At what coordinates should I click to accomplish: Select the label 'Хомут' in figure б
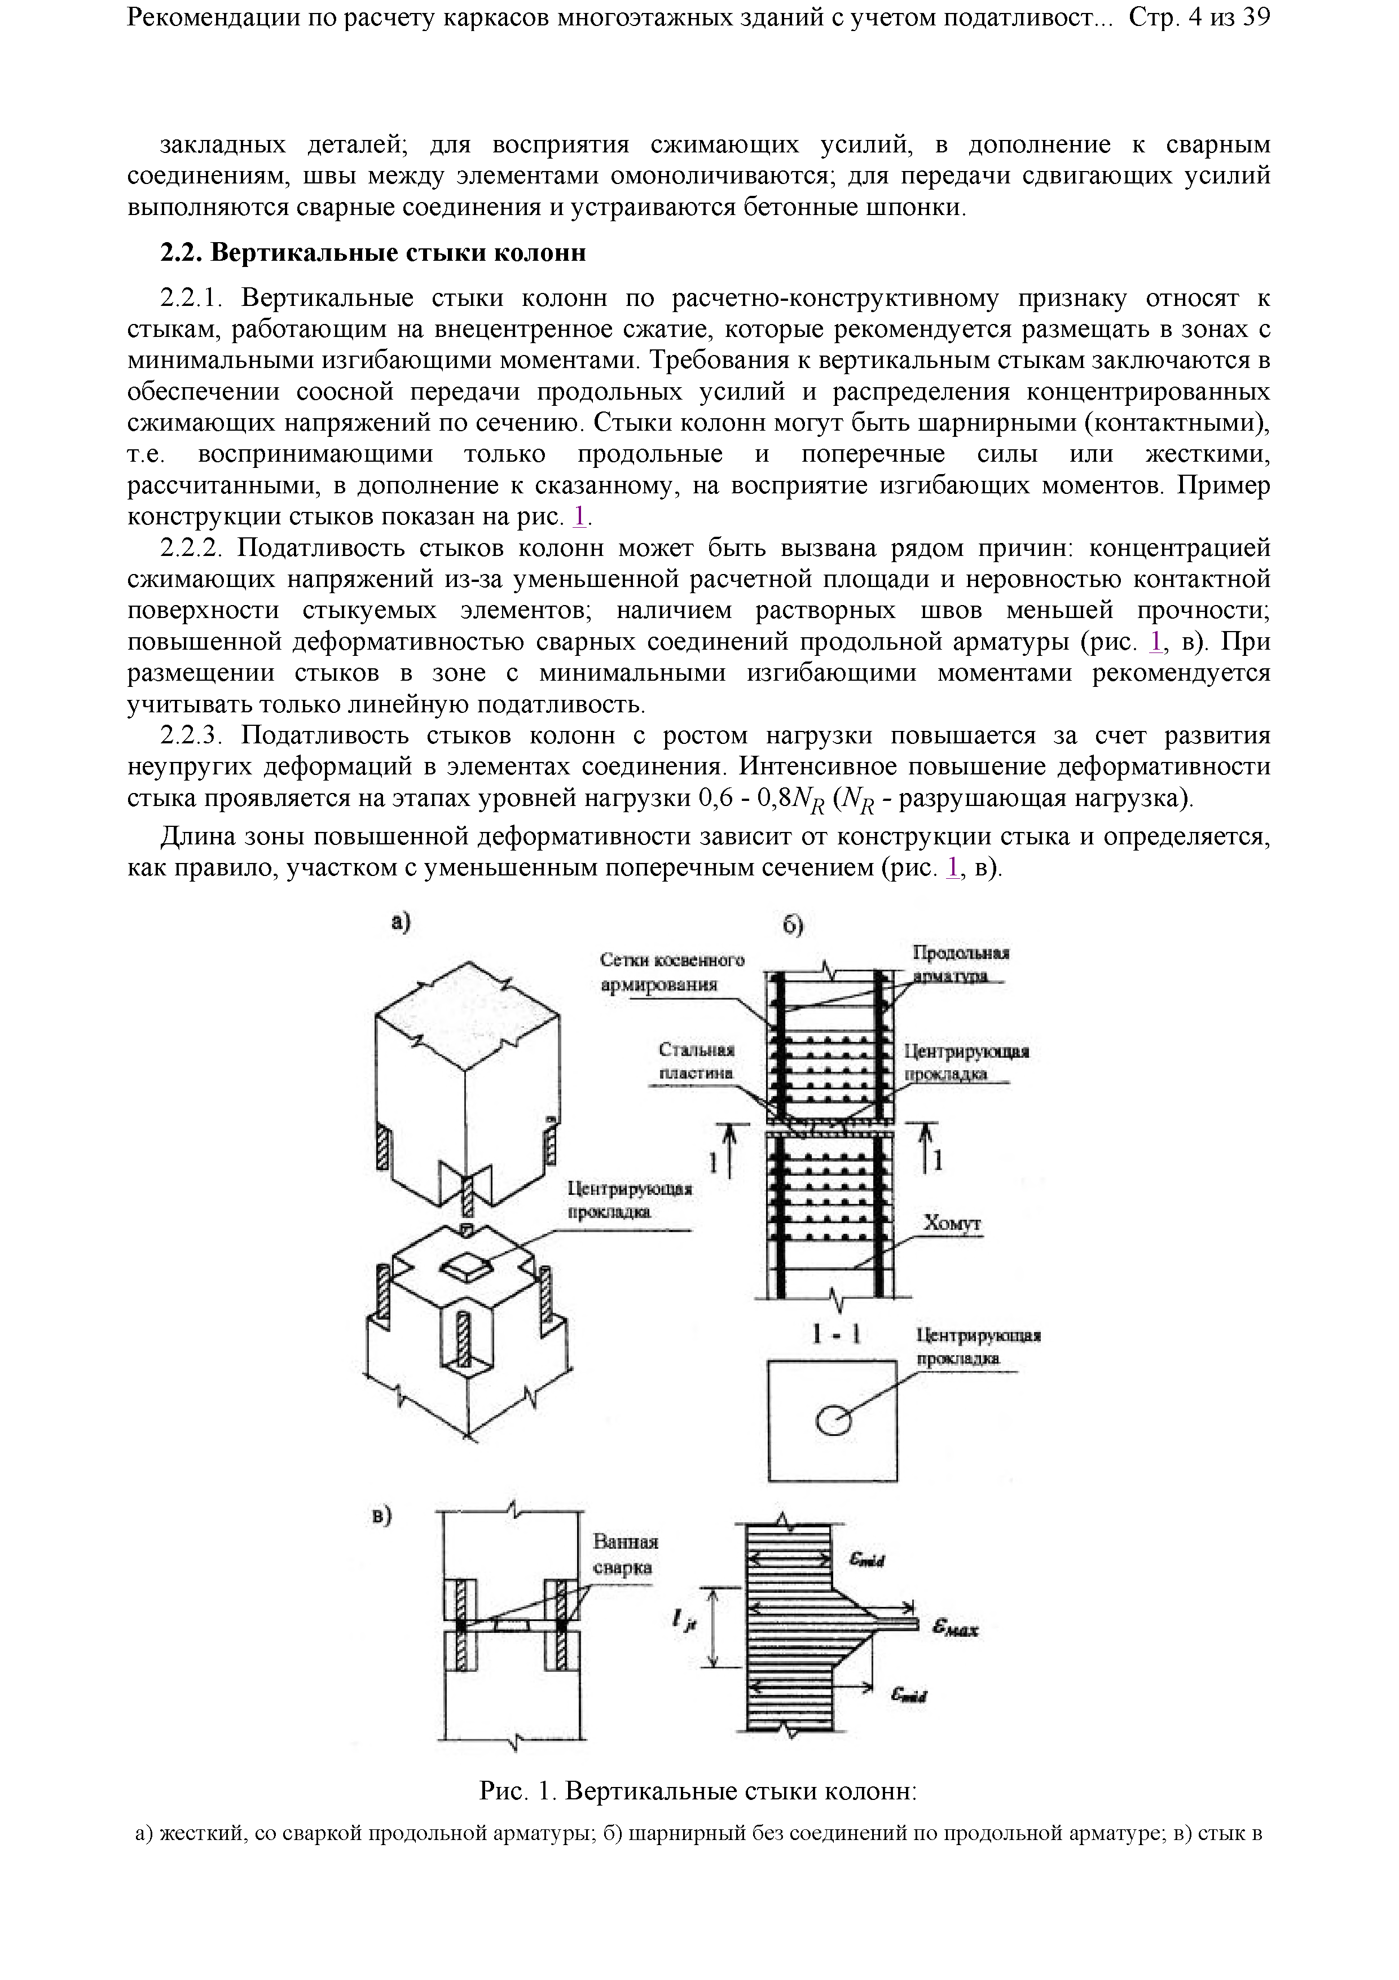(x=952, y=1224)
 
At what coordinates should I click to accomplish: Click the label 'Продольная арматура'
(x=960, y=964)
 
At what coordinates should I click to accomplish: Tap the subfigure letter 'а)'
(x=400, y=922)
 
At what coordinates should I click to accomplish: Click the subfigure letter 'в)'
(x=381, y=1515)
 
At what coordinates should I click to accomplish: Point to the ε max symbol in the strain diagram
(x=954, y=1628)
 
